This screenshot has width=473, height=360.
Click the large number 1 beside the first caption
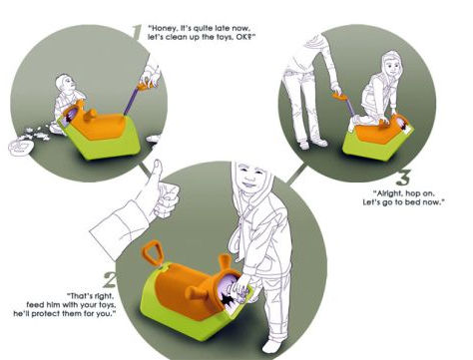[x=137, y=32]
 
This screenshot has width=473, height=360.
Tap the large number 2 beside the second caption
[x=110, y=279]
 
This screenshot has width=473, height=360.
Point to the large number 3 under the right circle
[x=404, y=178]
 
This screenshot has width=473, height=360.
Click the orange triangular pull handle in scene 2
[x=151, y=252]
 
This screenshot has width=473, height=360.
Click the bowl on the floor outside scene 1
[x=21, y=148]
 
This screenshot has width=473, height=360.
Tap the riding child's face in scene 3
[x=393, y=66]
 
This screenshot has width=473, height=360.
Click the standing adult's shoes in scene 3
[x=312, y=144]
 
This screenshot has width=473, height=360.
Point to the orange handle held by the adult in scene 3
[x=339, y=97]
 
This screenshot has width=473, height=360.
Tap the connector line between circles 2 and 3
[x=296, y=174]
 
